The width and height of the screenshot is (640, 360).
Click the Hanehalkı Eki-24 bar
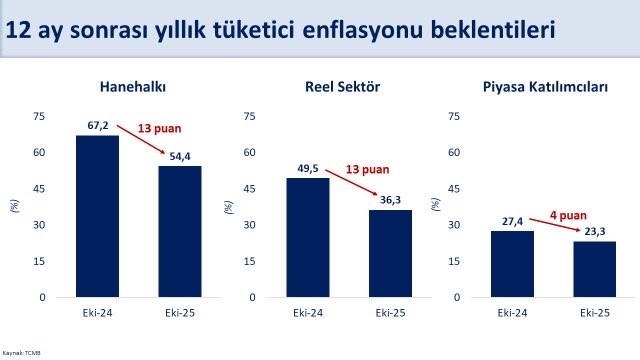tap(97, 216)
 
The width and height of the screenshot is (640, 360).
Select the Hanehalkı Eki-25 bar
tap(180, 231)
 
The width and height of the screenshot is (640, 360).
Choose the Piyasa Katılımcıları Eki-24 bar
tap(512, 264)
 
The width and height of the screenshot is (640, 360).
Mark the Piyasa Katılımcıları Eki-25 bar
tap(594, 269)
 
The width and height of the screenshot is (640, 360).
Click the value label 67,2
tap(97, 127)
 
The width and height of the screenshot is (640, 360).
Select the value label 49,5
tap(307, 170)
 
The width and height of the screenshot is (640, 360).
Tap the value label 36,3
tap(390, 201)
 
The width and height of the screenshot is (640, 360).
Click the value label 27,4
tap(512, 222)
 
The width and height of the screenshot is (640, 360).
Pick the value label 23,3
tap(594, 232)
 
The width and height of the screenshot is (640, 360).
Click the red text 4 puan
tap(567, 212)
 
